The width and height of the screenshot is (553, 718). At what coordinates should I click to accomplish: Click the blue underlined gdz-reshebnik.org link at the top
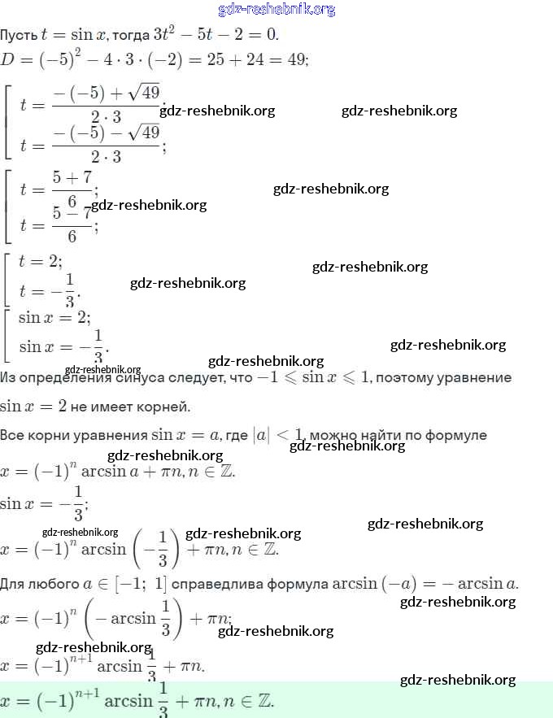coord(276,10)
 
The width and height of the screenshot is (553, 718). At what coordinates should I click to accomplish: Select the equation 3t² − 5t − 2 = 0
coord(216,35)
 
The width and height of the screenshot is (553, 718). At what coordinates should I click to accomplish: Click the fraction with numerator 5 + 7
coord(72,189)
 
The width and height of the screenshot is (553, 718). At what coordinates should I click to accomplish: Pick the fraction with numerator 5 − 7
coord(72,224)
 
